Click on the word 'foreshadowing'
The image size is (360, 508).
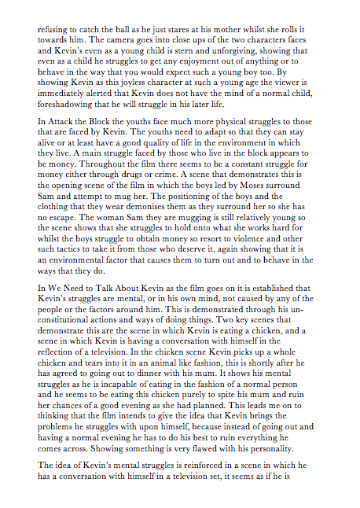[70, 105]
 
